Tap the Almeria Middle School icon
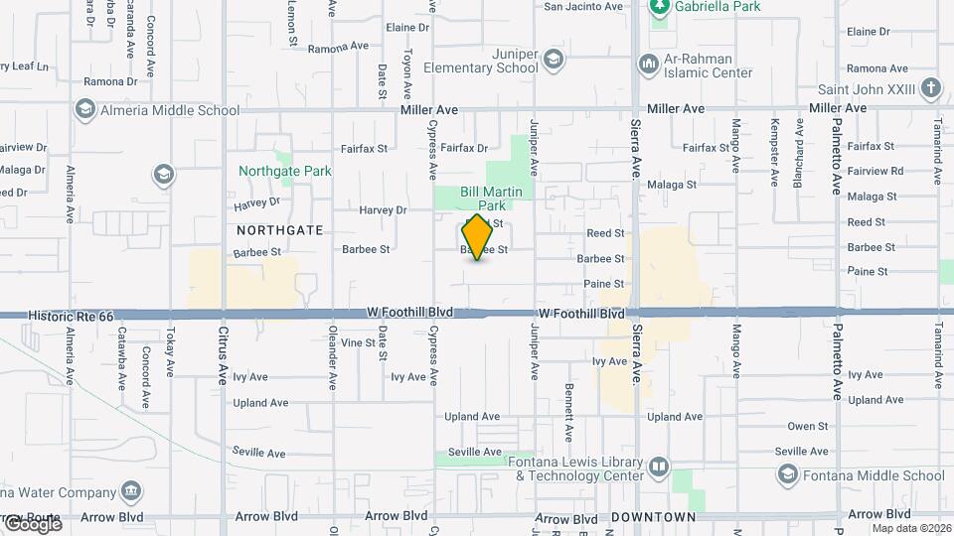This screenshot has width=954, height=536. point(85,109)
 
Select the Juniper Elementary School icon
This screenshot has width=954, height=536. point(555,62)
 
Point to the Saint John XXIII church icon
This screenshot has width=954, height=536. point(929,88)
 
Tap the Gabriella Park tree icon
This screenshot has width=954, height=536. point(658,8)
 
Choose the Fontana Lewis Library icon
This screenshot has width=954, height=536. point(658,468)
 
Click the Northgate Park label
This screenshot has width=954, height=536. point(285,171)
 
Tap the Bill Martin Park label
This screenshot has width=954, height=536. point(483,199)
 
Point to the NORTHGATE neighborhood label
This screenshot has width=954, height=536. point(280,229)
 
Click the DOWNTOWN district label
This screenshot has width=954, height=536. point(653,517)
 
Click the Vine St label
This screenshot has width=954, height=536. point(357,342)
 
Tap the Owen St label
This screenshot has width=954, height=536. point(807,426)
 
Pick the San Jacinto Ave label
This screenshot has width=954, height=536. point(583,6)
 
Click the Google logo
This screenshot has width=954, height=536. point(32,524)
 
